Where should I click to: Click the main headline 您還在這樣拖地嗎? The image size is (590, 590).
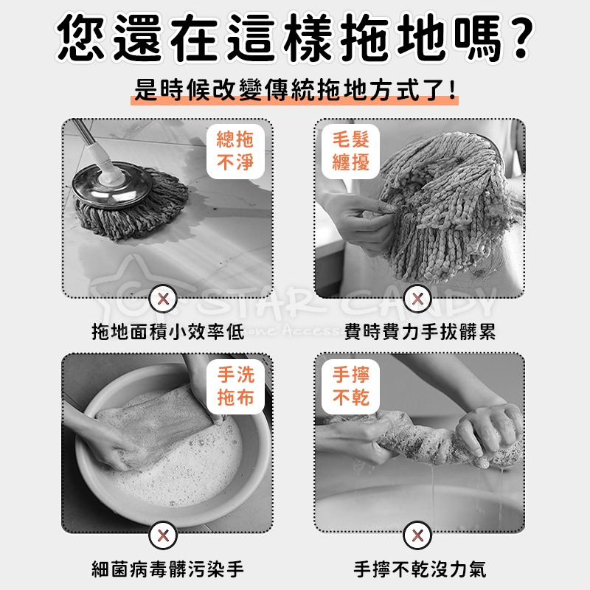point(295,37)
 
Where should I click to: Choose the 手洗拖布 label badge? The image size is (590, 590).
point(235,385)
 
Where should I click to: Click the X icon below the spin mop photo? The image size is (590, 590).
point(165,299)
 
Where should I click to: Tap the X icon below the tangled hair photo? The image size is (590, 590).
point(418,299)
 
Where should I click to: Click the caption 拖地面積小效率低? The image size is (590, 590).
point(167,333)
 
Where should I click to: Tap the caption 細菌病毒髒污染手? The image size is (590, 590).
point(167,569)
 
